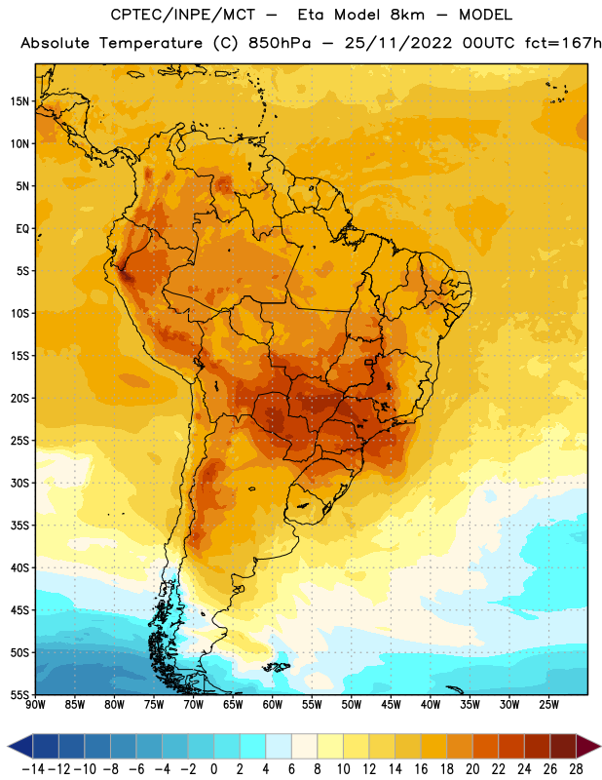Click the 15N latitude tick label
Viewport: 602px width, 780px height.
[19, 101]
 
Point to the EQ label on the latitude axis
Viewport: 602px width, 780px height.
[22, 229]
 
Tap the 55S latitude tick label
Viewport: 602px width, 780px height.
[19, 695]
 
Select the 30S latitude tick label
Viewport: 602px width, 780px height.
[19, 483]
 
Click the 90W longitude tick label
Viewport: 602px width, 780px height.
[35, 705]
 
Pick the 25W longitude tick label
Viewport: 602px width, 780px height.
[548, 705]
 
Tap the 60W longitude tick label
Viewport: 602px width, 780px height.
[273, 705]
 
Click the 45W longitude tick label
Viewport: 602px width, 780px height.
[391, 705]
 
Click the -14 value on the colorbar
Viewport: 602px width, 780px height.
[33, 769]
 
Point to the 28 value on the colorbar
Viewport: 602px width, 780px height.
[576, 769]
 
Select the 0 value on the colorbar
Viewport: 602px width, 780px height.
[214, 769]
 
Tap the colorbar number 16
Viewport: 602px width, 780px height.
[421, 769]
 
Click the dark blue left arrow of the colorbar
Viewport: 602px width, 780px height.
[20, 747]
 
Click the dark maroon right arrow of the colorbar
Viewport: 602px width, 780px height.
[589, 747]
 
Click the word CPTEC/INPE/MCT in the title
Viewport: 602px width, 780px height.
[183, 15]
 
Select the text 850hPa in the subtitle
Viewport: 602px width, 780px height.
[280, 44]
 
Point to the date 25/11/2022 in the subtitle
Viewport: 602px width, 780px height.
[398, 44]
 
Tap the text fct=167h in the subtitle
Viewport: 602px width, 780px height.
[563, 44]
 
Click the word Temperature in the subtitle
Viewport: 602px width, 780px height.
[151, 44]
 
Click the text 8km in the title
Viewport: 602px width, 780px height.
[407, 15]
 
